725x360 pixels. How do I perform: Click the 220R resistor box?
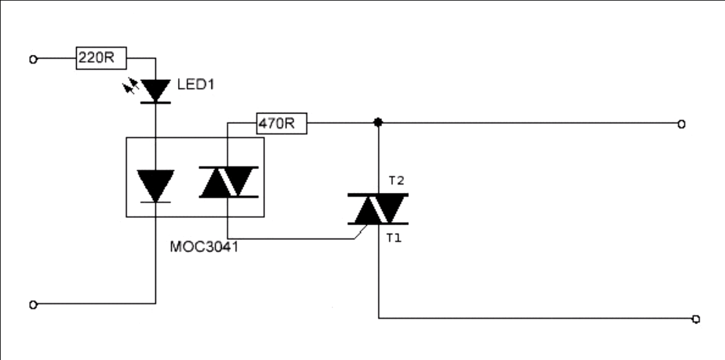pos(101,59)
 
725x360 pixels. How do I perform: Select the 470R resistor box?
pos(281,123)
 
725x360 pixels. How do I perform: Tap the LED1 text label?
pos(195,85)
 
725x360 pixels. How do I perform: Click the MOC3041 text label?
pos(203,247)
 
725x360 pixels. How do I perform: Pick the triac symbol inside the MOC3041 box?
pos(228,181)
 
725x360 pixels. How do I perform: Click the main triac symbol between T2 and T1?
pos(378,208)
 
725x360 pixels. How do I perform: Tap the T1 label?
pos(395,237)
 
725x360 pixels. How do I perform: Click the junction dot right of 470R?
pos(378,122)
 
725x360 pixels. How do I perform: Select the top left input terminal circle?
pos(33,59)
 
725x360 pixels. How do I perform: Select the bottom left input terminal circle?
pos(33,303)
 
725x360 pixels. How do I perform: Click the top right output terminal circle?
pos(681,124)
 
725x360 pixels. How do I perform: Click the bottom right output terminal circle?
pos(695,319)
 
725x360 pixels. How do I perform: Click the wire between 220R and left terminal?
pos(57,59)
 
